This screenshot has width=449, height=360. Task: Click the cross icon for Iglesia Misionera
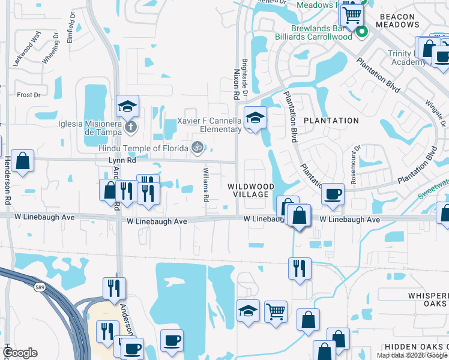click(x=131, y=127)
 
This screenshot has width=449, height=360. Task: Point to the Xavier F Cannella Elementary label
click(x=209, y=125)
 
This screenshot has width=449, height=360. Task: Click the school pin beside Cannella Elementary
click(x=255, y=118)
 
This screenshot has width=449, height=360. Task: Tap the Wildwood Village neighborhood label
click(x=251, y=191)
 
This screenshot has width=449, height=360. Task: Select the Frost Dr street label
click(x=28, y=95)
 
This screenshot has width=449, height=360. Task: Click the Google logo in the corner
click(x=20, y=353)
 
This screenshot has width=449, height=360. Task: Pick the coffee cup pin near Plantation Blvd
click(x=333, y=194)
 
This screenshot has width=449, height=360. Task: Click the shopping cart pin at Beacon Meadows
click(x=351, y=14)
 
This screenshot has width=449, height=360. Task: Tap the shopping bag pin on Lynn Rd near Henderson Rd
click(x=22, y=161)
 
